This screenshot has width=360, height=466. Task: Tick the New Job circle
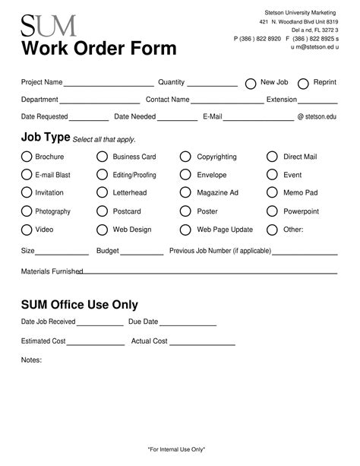pos(251,84)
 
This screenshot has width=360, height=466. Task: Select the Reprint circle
pos(303,84)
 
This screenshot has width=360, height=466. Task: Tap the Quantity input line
pos(212,85)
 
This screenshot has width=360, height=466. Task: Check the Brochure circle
pos(27,157)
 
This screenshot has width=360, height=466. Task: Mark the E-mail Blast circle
pos(27,175)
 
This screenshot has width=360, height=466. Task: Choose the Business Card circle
pos(102,157)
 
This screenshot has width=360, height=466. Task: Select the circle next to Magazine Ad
pos(185,193)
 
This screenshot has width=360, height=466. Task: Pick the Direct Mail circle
pos(272,157)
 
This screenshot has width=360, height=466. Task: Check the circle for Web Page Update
pos(185,230)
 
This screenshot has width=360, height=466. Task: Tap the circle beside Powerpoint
pos(272,211)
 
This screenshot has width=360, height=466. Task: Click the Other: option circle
pos(272,230)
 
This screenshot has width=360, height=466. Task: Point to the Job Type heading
pos(46,138)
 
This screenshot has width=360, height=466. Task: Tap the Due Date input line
pos(188,325)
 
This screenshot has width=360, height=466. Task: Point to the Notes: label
pos(31,360)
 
